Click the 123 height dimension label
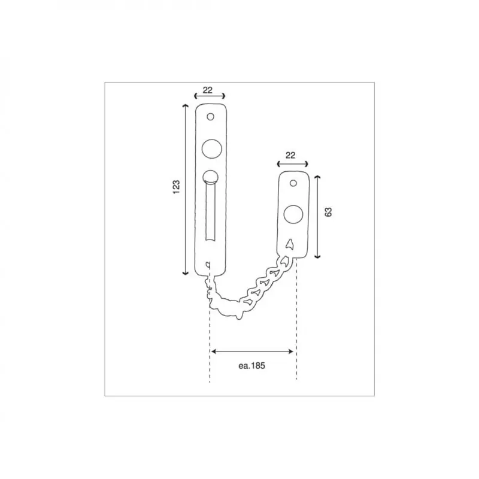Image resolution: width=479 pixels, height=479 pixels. (176, 187)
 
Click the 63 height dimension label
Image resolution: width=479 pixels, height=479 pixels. (328, 212)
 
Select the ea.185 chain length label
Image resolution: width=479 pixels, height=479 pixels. (251, 366)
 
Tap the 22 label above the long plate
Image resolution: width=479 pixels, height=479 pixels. (207, 90)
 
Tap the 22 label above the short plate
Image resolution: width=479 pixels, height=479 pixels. (290, 156)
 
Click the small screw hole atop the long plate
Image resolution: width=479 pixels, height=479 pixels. (211, 117)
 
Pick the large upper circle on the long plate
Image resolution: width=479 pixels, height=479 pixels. (212, 148)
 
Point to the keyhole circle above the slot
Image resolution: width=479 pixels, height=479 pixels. (210, 177)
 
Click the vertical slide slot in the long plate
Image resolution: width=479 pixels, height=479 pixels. (210, 213)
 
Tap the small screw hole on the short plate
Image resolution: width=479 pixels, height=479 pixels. (293, 183)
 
